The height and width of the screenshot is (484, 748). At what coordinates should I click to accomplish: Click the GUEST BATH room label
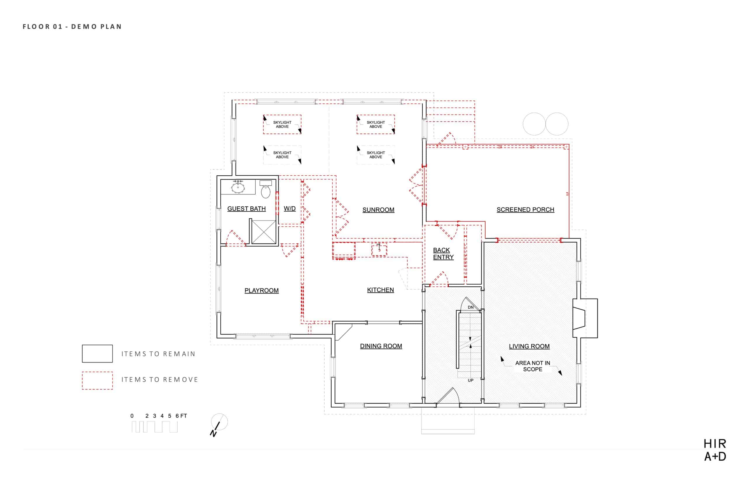tap(246, 209)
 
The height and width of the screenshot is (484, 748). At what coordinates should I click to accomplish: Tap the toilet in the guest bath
tap(266, 189)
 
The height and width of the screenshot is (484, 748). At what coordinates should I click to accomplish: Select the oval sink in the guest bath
tap(238, 188)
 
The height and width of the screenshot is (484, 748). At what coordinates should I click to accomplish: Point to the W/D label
tap(289, 208)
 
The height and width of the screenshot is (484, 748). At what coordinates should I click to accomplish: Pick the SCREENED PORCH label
tap(525, 210)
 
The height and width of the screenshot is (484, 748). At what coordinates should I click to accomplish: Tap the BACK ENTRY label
tap(443, 253)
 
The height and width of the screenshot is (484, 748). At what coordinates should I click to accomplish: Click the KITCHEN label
tap(380, 290)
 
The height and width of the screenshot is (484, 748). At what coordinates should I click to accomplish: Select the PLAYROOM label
tap(262, 291)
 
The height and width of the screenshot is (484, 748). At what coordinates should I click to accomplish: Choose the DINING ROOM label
tap(381, 346)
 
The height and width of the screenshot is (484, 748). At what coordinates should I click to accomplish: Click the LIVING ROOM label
tap(529, 346)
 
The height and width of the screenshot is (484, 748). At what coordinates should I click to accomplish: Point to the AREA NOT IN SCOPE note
tap(532, 366)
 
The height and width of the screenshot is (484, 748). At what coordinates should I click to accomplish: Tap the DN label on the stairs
tap(470, 307)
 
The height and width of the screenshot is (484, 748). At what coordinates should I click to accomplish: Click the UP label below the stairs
tap(470, 380)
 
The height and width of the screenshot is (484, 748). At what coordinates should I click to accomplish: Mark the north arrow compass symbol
tap(219, 424)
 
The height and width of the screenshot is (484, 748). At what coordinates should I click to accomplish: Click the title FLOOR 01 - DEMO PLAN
tap(72, 27)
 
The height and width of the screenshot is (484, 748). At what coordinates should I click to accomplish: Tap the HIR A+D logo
tap(715, 450)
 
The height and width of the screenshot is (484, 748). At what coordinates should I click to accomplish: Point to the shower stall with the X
tap(263, 232)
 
